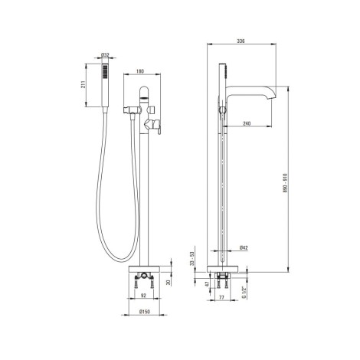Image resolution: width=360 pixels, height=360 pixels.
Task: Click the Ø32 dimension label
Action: [x=105, y=54]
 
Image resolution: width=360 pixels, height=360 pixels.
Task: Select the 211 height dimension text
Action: [x=83, y=85]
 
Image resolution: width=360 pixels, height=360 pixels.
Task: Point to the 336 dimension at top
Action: [x=241, y=41]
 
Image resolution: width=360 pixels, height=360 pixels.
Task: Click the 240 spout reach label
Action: [x=247, y=123]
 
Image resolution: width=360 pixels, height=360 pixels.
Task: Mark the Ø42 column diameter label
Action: [x=244, y=247]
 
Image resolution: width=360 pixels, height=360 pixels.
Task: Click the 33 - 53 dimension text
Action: [x=192, y=259]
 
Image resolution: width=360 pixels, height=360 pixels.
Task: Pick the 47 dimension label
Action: [x=207, y=284]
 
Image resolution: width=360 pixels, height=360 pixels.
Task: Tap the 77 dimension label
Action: [x=221, y=297]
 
